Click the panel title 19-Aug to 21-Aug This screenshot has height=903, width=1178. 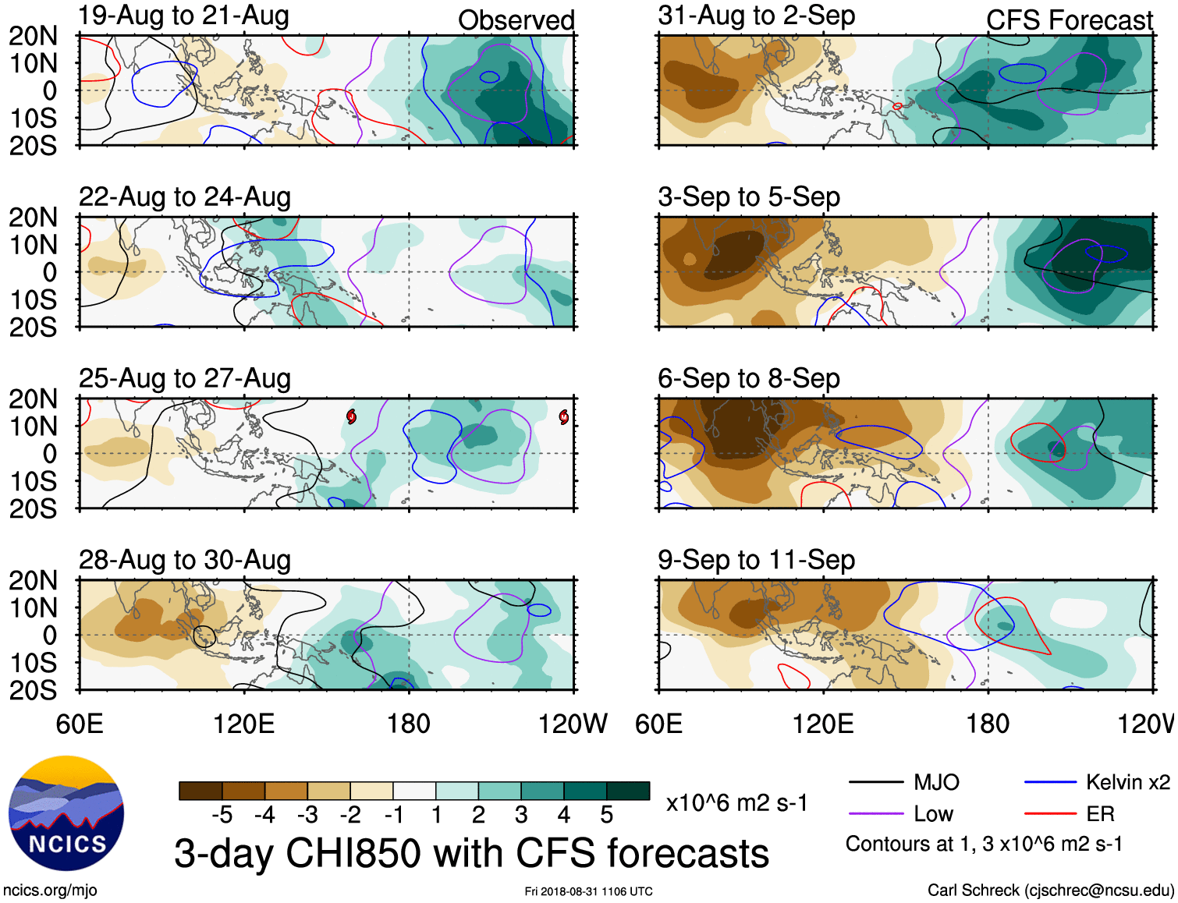pyautogui.click(x=184, y=16)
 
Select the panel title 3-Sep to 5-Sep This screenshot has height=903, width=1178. pyautogui.click(x=749, y=197)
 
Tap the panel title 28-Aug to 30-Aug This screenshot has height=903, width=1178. pyautogui.click(x=185, y=560)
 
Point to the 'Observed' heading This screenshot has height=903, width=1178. pyautogui.click(x=516, y=20)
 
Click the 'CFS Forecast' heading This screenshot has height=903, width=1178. pyautogui.click(x=1070, y=20)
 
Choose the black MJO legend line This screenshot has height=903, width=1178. pyautogui.click(x=875, y=782)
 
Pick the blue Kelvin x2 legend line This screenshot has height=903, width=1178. pyautogui.click(x=1050, y=782)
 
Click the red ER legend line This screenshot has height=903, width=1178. pyautogui.click(x=1050, y=814)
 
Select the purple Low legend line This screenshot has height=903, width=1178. pyautogui.click(x=875, y=814)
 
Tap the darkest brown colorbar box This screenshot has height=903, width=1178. pyautogui.click(x=200, y=791)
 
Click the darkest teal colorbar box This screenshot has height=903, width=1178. pyautogui.click(x=628, y=791)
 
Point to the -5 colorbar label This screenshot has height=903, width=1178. pyautogui.click(x=222, y=815)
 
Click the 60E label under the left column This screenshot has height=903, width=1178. pyautogui.click(x=80, y=724)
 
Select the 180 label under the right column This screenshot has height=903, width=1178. pyautogui.click(x=988, y=724)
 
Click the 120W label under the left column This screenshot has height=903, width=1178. pyautogui.click(x=573, y=724)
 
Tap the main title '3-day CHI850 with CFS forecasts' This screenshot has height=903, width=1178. pyautogui.click(x=471, y=853)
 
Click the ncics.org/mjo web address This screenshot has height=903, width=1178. pyautogui.click(x=51, y=891)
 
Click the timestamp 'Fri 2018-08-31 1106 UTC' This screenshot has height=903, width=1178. pyautogui.click(x=588, y=891)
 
